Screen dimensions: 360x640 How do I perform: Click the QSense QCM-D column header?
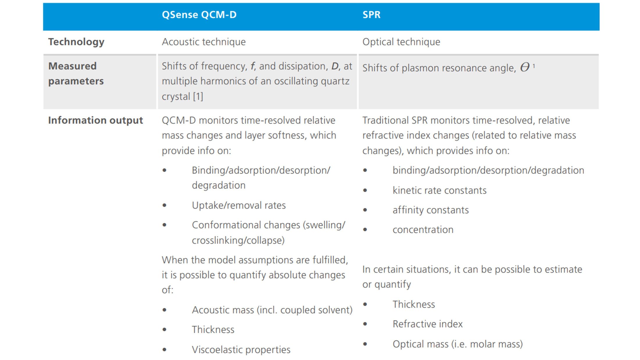pyautogui.click(x=199, y=15)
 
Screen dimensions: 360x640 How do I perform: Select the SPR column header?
pyautogui.click(x=371, y=15)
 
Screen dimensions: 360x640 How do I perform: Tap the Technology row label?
pyautogui.click(x=76, y=42)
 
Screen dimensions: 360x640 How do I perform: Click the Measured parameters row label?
pyautogui.click(x=76, y=73)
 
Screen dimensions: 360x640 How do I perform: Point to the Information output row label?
pyautogui.click(x=95, y=120)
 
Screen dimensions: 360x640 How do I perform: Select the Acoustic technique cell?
pyautogui.click(x=204, y=42)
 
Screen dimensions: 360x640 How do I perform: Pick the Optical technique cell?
pyautogui.click(x=401, y=42)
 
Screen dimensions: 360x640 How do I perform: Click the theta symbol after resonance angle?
pyautogui.click(x=525, y=67)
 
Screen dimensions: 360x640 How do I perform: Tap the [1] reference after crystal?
pyautogui.click(x=198, y=96)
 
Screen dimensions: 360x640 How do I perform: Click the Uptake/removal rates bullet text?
pyautogui.click(x=239, y=205)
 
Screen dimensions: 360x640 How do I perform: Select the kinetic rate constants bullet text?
pyautogui.click(x=439, y=190)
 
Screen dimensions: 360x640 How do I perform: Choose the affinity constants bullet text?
pyautogui.click(x=431, y=210)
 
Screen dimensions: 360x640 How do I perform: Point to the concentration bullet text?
pyautogui.click(x=423, y=230)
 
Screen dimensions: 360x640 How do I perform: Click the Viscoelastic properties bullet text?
pyautogui.click(x=241, y=350)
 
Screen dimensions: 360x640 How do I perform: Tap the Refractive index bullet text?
pyautogui.click(x=427, y=324)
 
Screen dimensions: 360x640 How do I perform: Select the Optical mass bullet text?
pyautogui.click(x=458, y=344)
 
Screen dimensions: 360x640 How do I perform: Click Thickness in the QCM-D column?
pyautogui.click(x=213, y=330)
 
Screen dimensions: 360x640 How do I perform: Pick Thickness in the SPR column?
pyautogui.click(x=414, y=304)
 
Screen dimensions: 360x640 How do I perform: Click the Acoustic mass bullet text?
pyautogui.click(x=272, y=310)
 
